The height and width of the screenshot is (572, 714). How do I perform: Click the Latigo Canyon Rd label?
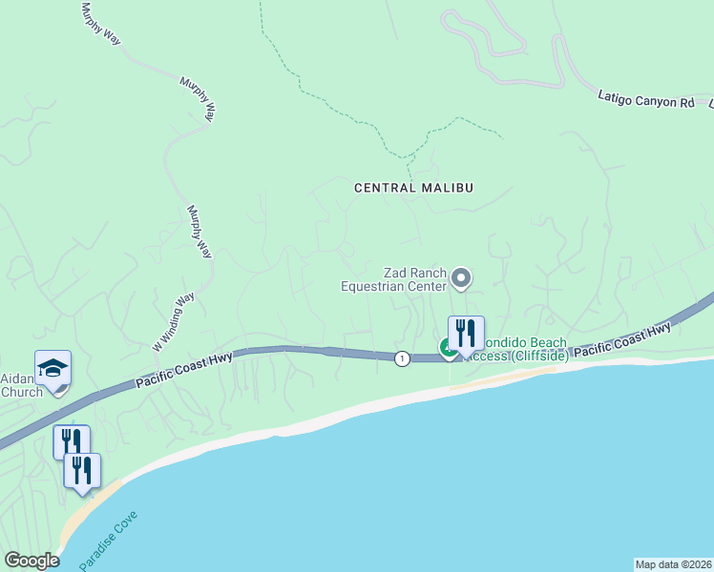(646, 98)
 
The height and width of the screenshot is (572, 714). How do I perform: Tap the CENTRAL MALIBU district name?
(413, 188)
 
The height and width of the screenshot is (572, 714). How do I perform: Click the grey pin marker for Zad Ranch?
(462, 278)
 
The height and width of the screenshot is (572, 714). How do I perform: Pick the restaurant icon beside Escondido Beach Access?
(466, 335)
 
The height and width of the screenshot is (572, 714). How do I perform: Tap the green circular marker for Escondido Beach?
(448, 349)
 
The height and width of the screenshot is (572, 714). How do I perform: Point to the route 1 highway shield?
(403, 357)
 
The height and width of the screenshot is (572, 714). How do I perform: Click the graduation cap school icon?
(53, 369)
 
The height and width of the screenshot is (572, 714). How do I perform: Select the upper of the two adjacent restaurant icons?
(72, 441)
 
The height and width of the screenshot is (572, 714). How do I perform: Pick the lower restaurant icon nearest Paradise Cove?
(82, 470)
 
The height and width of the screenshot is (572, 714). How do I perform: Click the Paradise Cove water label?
(109, 541)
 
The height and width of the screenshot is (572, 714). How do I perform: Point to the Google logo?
(31, 561)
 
